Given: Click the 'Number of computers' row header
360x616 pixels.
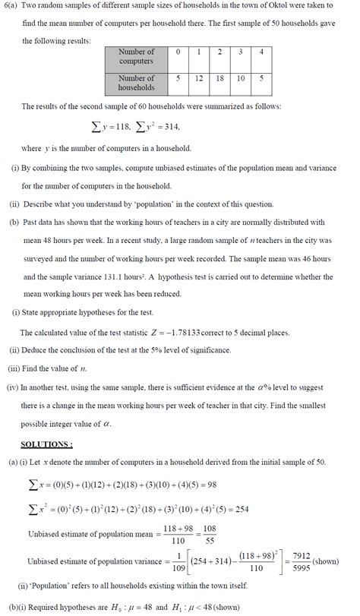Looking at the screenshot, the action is point(137,56).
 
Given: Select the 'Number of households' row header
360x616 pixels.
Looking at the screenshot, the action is point(137,83).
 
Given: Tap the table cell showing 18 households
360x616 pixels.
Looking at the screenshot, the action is point(218,78).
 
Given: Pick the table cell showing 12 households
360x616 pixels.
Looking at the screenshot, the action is point(198,78).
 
